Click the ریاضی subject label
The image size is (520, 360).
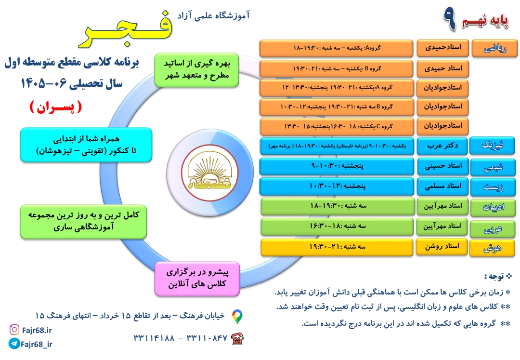pos(494,49)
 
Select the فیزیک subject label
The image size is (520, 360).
pos(492,146)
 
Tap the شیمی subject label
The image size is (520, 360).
pos(493,167)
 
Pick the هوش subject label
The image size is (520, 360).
pos(492,248)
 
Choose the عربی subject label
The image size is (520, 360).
pos(493,228)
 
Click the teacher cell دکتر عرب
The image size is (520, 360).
pos(442,146)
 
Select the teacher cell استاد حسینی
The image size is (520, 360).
pos(443,166)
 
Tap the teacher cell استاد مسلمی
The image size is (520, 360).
pos(443,187)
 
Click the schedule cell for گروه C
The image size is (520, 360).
pos(337,127)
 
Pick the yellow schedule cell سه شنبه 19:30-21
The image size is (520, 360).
pos(337,247)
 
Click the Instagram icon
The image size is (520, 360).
pos(14,330)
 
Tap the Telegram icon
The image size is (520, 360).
pos(14,344)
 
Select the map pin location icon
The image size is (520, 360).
pos(237,317)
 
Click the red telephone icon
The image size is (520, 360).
pos(237,339)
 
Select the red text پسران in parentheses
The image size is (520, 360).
pos(56,107)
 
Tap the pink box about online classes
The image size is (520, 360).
pos(197,279)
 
